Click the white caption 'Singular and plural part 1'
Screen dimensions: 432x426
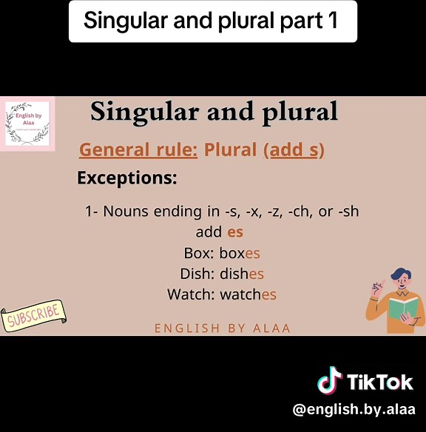(212, 21)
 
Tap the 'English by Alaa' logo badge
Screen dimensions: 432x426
(27, 124)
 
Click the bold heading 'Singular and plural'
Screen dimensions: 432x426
(214, 112)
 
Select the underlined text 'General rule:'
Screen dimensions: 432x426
(138, 150)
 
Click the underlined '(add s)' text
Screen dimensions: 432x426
(294, 150)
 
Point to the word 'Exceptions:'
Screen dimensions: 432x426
(127, 178)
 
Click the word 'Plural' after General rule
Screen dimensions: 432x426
(230, 150)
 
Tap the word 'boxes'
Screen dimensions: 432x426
(240, 253)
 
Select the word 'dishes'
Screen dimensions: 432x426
(241, 274)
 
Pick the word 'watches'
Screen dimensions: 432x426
(248, 294)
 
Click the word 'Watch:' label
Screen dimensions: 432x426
(191, 294)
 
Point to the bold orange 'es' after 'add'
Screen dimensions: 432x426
(235, 232)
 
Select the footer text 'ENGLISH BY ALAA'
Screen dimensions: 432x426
(223, 328)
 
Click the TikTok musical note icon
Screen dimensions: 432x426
(330, 380)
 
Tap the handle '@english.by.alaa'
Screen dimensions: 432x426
(354, 409)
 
